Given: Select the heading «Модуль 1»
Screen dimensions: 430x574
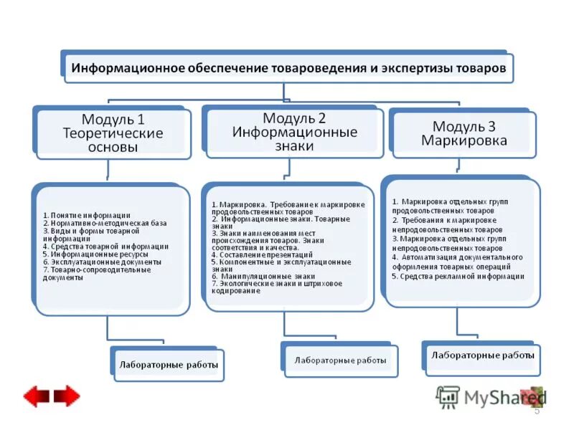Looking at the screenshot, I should [x=113, y=119].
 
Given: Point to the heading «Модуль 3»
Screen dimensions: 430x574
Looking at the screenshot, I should [x=464, y=126].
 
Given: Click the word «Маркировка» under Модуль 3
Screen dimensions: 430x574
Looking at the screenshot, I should [x=464, y=140].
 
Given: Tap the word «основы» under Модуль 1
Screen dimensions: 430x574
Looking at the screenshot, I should [x=113, y=147].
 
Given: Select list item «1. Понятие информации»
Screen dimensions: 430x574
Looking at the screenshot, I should [x=86, y=215].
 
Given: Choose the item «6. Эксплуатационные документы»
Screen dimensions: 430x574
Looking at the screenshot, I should [x=102, y=262].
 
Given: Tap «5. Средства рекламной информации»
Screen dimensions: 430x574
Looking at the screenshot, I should [x=458, y=276].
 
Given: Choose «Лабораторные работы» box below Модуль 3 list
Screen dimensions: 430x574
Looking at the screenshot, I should [x=482, y=355].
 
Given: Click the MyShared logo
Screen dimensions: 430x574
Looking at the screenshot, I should [x=491, y=397].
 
